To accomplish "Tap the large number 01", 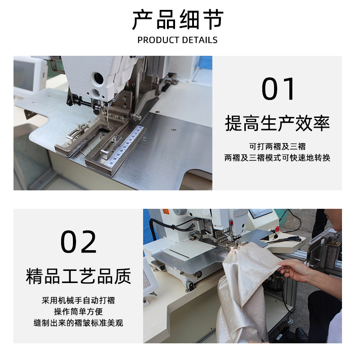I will (x=279, y=89).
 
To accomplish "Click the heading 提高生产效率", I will (x=277, y=123).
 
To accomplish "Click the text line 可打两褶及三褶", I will (x=277, y=147).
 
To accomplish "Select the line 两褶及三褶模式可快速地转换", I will (x=277, y=158).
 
